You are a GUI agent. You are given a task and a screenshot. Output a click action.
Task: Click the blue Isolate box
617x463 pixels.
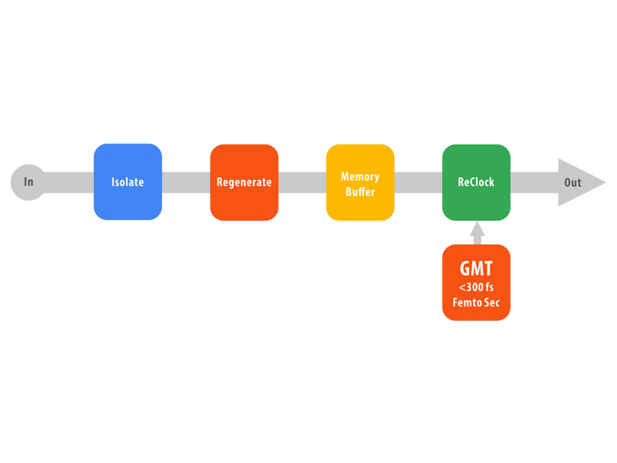128,182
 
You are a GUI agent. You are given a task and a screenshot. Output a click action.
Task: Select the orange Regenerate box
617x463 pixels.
244,182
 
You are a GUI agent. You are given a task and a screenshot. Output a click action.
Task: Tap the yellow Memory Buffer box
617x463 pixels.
360,182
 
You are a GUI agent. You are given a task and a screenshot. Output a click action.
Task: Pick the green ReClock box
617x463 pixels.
477,182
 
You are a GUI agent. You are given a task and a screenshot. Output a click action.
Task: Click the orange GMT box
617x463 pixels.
477,282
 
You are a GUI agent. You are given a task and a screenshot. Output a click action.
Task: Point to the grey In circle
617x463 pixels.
29,182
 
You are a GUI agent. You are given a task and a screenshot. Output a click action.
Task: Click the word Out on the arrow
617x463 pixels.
572,183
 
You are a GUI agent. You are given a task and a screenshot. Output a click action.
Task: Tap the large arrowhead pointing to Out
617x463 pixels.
582,182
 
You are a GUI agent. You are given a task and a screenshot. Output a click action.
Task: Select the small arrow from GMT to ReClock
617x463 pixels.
477,233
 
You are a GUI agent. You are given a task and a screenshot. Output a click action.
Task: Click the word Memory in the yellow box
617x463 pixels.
360,177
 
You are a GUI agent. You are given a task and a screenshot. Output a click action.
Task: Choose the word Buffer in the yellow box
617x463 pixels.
360,191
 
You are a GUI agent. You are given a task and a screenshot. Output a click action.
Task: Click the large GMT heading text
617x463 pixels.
476,269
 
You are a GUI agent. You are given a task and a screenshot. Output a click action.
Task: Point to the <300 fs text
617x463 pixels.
476,287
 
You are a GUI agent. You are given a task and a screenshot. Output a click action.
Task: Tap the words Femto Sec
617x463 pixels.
476,302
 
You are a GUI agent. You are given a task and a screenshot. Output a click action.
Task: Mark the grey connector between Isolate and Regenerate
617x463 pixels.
186,182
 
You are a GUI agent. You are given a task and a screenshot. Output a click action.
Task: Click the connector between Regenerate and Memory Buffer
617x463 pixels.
302,182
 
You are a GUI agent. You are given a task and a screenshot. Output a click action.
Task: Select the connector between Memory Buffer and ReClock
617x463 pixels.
418,182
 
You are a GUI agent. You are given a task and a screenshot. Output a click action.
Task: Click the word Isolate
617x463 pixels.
127,182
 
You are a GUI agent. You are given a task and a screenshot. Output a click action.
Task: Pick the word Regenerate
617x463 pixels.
244,183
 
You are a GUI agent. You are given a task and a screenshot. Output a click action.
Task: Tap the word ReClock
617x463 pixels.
476,182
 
